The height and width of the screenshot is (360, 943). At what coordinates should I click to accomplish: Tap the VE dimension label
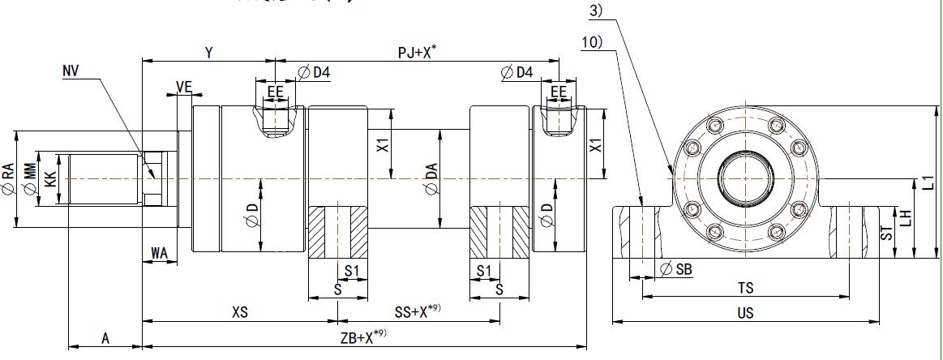point(184,87)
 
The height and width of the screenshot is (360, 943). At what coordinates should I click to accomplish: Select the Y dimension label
point(208,53)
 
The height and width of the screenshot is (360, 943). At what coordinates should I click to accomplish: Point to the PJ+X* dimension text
point(418,52)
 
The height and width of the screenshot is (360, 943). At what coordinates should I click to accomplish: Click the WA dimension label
point(160,255)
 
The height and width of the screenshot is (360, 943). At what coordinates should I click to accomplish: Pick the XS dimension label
point(239,312)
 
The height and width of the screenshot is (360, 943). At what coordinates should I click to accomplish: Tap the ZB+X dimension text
point(363,337)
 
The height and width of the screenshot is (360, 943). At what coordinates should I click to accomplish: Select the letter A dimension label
point(105,337)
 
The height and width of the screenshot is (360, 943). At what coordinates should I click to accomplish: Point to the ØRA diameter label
point(7,179)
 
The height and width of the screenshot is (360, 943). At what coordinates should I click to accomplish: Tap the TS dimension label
point(745,288)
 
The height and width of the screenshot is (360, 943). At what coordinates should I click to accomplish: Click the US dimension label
point(746,312)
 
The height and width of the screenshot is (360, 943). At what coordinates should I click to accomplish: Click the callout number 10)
point(591,42)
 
